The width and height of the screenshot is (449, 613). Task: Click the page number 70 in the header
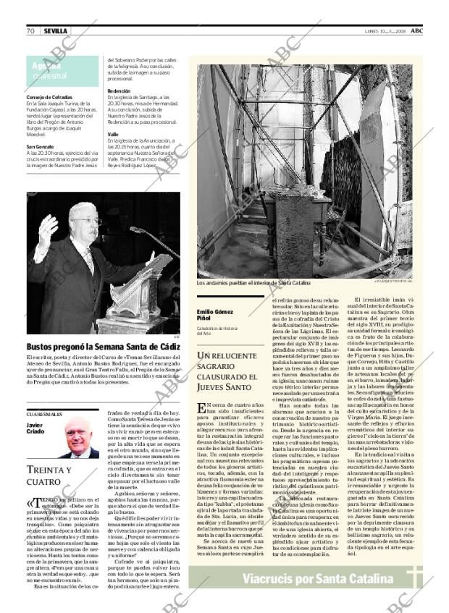coord(31,31)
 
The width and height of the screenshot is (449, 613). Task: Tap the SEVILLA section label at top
coord(55,31)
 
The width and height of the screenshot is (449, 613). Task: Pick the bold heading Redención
coord(119,90)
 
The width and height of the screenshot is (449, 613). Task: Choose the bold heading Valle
coord(113,134)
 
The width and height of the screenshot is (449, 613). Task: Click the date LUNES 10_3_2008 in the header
coord(385,31)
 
